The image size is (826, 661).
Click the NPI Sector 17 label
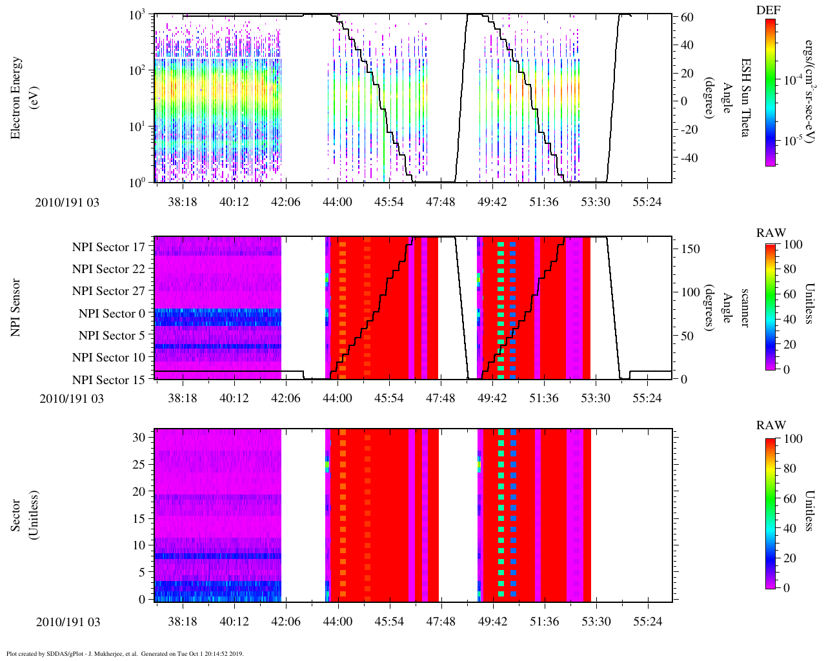click(x=108, y=247)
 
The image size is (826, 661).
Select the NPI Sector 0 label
click(x=112, y=314)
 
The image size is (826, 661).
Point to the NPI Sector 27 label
click(x=108, y=291)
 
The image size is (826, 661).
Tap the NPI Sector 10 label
click(x=108, y=358)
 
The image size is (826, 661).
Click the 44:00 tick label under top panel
click(x=337, y=202)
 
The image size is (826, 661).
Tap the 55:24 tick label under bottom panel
click(x=647, y=622)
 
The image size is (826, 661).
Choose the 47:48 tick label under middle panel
click(x=440, y=398)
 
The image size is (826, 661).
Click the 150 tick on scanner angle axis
click(x=690, y=249)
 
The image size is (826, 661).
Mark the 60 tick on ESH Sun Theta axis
click(x=687, y=17)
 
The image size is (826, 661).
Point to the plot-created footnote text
click(x=125, y=653)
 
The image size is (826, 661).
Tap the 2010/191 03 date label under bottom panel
click(x=68, y=622)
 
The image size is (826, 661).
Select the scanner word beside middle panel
click(x=745, y=307)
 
